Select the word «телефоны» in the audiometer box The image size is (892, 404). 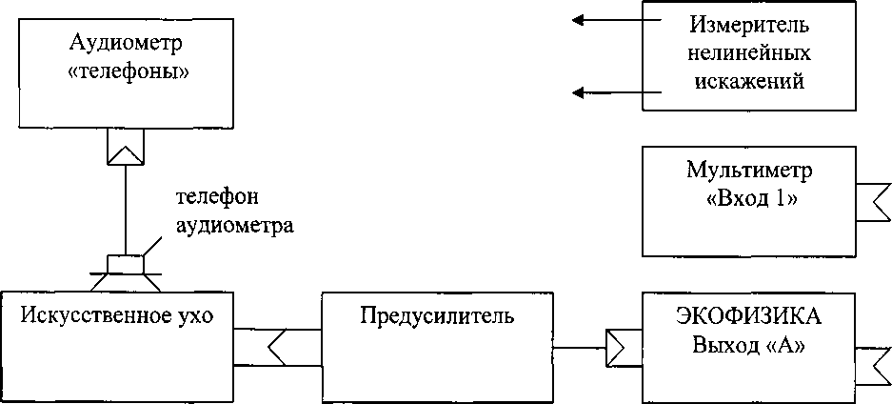coord(128,72)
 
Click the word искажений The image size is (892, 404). coord(751,81)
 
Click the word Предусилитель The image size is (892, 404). coord(437,317)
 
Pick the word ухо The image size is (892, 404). coord(196,317)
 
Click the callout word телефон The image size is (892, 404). coord(218,197)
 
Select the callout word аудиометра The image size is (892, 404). coord(235,228)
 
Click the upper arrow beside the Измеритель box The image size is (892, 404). coord(617,20)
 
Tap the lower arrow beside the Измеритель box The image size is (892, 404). coord(617,91)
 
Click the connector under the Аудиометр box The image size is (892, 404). coord(126,147)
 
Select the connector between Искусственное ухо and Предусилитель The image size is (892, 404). coord(277,347)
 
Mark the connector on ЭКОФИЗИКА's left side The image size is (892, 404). coord(624,347)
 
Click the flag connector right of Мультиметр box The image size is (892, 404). coord(874,202)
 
